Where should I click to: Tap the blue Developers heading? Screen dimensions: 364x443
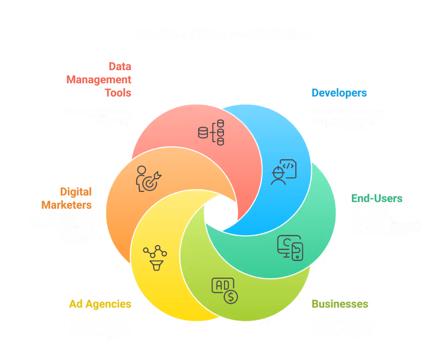(339, 93)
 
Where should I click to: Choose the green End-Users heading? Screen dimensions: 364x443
(377, 199)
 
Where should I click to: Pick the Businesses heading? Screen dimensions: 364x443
(340, 304)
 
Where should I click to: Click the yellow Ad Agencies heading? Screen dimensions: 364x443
(100, 304)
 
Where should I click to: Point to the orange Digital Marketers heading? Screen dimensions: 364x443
(67, 198)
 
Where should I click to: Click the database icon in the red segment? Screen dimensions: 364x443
(211, 132)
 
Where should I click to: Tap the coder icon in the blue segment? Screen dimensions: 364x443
(283, 172)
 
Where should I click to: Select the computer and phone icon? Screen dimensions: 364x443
(290, 248)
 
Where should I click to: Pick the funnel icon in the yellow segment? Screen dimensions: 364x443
(155, 258)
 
